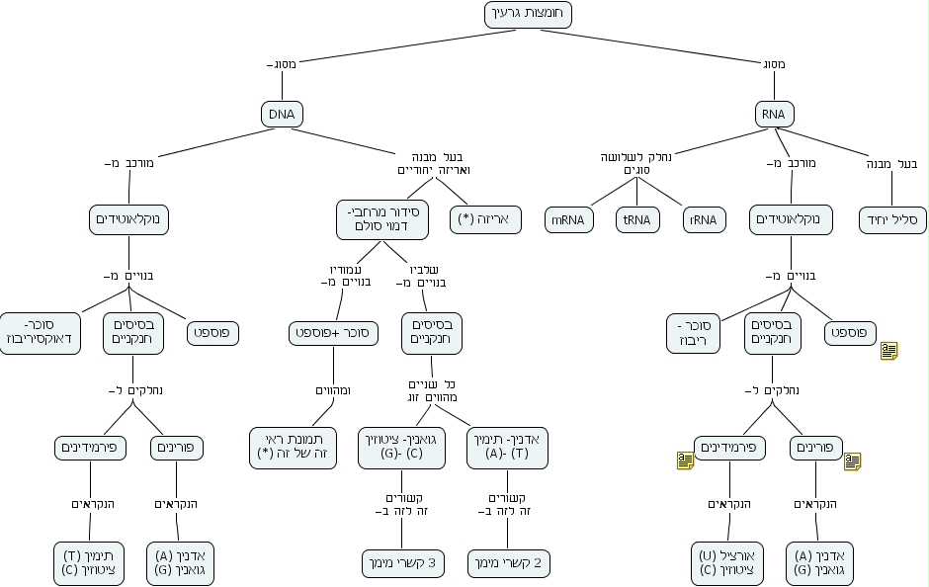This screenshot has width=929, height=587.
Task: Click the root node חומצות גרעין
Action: [x=529, y=15]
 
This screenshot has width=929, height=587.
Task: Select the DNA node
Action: [x=282, y=114]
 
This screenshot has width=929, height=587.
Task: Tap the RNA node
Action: [x=773, y=114]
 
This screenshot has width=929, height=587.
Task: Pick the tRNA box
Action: [x=637, y=219]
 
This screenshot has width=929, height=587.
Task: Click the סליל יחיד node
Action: [x=893, y=219]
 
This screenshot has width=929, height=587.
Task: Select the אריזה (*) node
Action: [x=485, y=219]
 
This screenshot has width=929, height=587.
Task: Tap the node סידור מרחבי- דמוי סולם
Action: [x=382, y=219]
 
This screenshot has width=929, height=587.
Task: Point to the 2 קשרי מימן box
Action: [x=508, y=563]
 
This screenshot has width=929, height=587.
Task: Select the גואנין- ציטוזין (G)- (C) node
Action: [x=401, y=448]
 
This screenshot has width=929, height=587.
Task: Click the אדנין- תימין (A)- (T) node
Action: [x=508, y=448]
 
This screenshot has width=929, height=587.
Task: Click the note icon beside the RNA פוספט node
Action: [x=889, y=350]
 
